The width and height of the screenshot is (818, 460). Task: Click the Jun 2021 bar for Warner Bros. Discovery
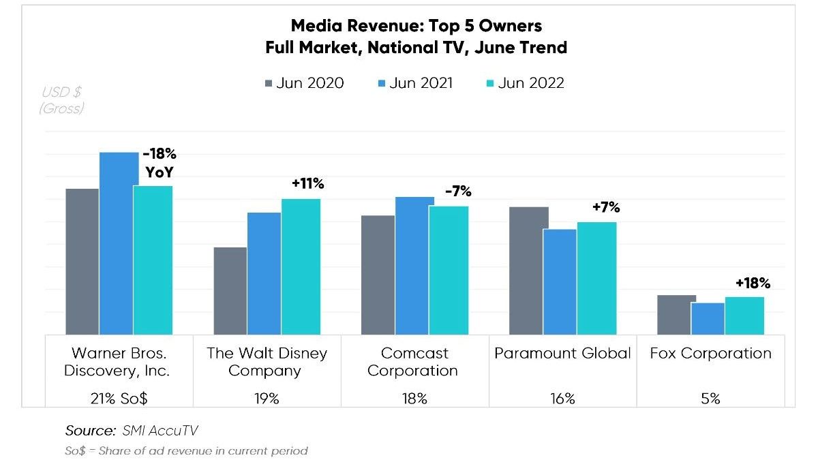click(119, 243)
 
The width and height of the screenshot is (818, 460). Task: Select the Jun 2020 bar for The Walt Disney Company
click(230, 290)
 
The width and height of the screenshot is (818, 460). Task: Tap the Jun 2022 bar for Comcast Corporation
click(449, 270)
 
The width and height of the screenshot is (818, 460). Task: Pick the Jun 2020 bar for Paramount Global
click(529, 271)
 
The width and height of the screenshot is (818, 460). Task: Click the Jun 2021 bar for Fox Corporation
click(708, 318)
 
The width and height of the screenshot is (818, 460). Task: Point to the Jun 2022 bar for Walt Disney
click(301, 266)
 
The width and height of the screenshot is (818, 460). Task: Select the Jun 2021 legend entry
click(414, 83)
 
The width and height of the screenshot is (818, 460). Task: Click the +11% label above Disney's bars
click(307, 183)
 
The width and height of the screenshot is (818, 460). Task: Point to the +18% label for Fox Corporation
click(753, 283)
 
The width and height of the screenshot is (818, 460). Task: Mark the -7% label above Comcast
click(458, 192)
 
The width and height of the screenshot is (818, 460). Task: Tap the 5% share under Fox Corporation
click(710, 399)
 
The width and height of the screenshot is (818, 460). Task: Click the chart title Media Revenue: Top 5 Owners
click(416, 26)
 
